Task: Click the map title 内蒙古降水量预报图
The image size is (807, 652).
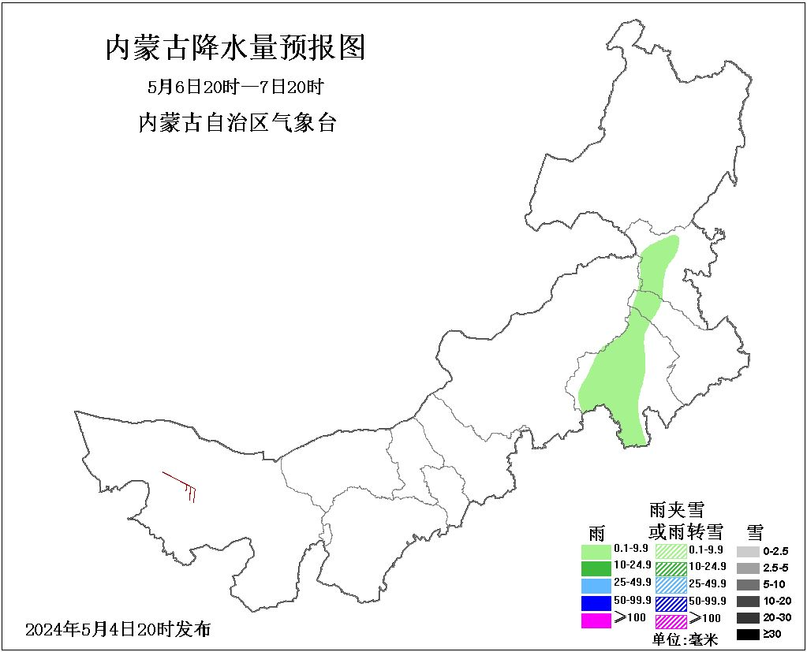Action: click(235, 49)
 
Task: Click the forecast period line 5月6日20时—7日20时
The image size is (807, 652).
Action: click(236, 86)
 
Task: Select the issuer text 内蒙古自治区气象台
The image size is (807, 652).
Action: click(237, 122)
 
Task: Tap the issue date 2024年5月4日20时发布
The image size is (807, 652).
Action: click(118, 630)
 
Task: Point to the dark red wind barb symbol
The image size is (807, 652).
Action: click(181, 486)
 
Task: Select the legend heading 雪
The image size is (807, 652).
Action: click(754, 531)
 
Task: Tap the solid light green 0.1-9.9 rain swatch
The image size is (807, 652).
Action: click(596, 550)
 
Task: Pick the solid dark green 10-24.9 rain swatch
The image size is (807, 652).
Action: click(596, 567)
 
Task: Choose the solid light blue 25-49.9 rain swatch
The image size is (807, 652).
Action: click(596, 584)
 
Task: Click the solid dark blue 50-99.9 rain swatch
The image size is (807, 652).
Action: click(596, 602)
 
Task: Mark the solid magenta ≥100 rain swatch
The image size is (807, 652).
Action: click(596, 620)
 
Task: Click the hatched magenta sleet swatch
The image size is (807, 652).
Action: click(671, 620)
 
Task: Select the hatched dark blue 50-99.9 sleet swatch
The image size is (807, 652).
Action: click(671, 602)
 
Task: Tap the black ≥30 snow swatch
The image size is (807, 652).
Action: click(748, 634)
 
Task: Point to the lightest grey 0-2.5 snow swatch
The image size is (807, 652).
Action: click(748, 551)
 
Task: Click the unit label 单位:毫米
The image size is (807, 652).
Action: click(686, 639)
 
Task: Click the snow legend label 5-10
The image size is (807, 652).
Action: click(775, 584)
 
